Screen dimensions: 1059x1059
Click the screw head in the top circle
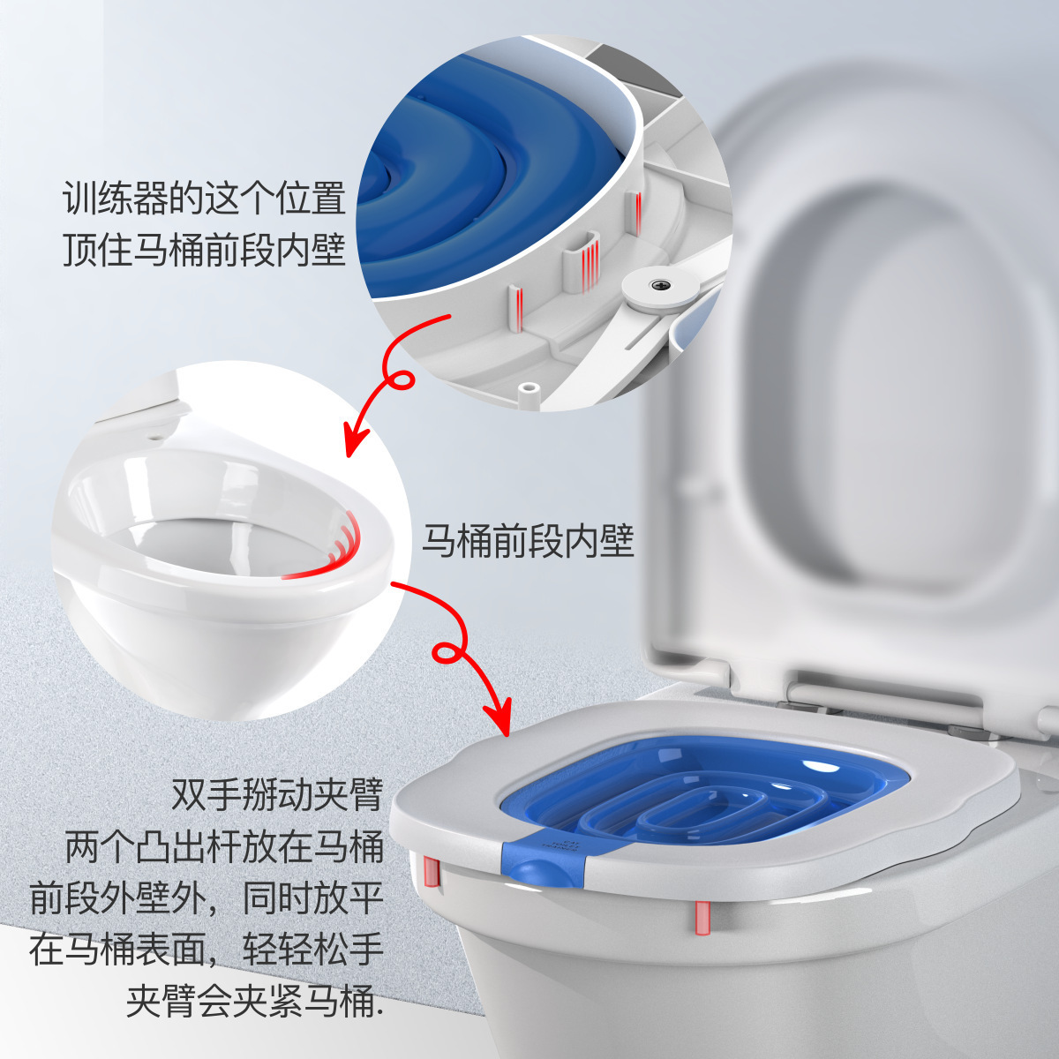[x=658, y=284]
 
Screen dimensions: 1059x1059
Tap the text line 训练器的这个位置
[x=204, y=199]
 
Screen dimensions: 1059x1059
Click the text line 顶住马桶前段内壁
[x=204, y=251]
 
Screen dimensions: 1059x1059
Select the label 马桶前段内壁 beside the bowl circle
[x=528, y=541]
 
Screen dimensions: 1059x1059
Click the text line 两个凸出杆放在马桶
[x=224, y=847]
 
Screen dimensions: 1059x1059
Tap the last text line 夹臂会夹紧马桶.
[x=255, y=1002]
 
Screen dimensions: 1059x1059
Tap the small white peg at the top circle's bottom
[x=529, y=394]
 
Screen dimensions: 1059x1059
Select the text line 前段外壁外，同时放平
[x=207, y=898]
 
